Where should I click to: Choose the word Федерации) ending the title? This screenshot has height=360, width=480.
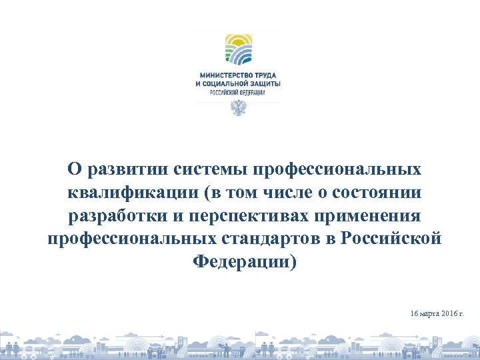point(245,261)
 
